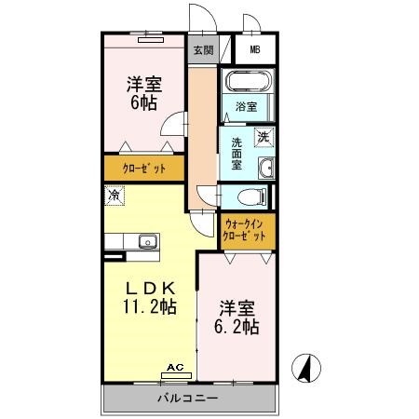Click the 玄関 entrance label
click(x=203, y=50)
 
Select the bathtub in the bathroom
click(x=247, y=80)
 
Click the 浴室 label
click(x=247, y=106)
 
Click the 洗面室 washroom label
click(x=237, y=154)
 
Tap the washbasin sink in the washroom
click(x=266, y=168)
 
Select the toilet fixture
click(x=248, y=196)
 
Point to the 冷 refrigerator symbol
click(x=114, y=196)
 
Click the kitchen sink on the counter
click(x=146, y=242)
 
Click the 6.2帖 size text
click(x=238, y=328)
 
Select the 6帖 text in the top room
click(x=143, y=102)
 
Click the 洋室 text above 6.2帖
click(x=238, y=307)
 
